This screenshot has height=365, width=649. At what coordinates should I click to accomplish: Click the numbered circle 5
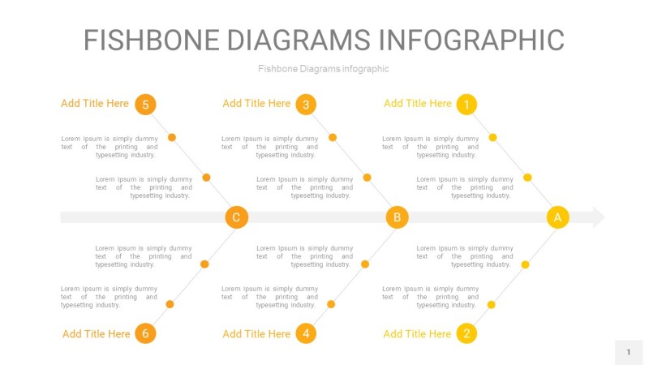coord(145,105)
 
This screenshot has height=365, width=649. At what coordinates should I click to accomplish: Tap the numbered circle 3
coord(306,105)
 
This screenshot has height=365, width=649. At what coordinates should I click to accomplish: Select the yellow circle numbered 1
coord(466,105)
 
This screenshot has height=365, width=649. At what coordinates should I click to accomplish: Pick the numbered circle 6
coord(145,333)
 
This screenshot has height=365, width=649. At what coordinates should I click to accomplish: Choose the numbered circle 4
coord(306,333)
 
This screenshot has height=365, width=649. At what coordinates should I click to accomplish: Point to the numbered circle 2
coord(466,333)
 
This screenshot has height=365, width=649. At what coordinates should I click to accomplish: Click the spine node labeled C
coord(236,217)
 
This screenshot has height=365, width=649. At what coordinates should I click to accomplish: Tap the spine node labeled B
coord(397,217)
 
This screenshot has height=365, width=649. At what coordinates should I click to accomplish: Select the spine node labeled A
coord(557,217)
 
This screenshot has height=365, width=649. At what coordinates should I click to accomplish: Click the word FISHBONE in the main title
coord(152,40)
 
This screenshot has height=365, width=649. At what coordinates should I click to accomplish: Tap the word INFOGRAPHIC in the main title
coord(471,40)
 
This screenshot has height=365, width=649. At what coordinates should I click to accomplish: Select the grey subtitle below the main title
coord(323,69)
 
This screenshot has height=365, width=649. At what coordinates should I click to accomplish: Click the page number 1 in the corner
coord(628,352)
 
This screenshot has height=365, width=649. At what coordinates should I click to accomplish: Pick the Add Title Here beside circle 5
coord(95,104)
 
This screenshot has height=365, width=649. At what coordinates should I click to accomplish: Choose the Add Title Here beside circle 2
coord(417,334)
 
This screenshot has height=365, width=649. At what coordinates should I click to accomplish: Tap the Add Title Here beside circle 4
coord(256,334)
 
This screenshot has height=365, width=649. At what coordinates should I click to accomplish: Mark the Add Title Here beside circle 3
coord(256,104)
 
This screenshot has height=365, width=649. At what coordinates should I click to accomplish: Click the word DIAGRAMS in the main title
coord(299,40)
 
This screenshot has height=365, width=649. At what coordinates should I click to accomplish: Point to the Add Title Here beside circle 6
coord(97,334)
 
